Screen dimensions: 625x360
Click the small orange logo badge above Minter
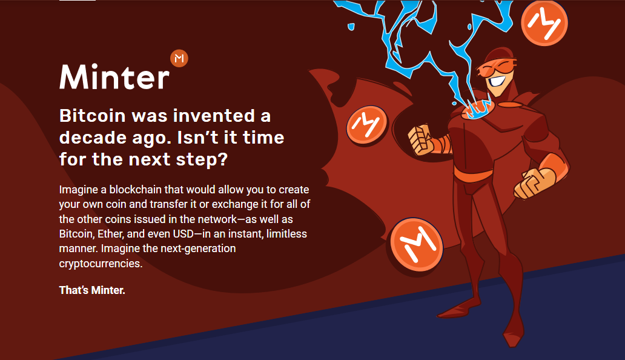click(179, 59)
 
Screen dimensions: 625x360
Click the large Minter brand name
click(115, 77)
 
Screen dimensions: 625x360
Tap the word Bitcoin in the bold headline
click(93, 116)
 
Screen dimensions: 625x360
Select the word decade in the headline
click(93, 138)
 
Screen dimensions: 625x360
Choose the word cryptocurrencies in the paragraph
click(101, 264)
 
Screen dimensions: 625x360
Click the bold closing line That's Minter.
click(92, 290)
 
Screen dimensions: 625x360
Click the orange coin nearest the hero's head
click(544, 22)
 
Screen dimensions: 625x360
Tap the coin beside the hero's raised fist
click(367, 125)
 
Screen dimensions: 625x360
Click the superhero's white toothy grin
click(496, 81)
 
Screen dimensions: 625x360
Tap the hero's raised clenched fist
click(420, 140)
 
